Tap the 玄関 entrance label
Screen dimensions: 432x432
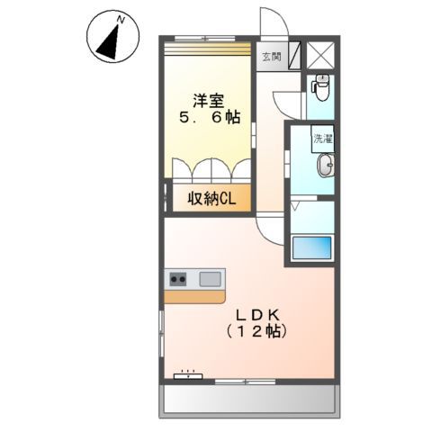tap(271, 57)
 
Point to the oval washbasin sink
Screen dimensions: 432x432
tap(324, 166)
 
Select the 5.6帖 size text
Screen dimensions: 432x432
tap(209, 117)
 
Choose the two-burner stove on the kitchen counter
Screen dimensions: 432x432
tap(178, 279)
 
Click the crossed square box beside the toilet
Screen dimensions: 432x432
tap(320, 54)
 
